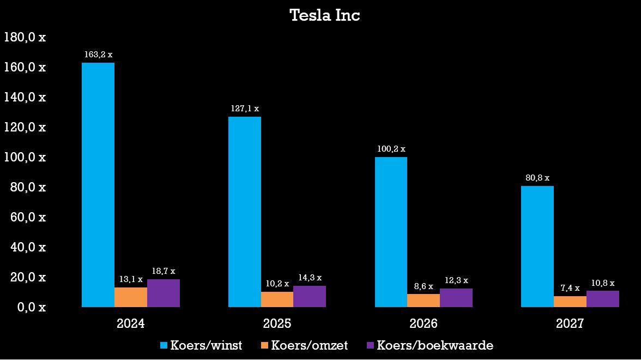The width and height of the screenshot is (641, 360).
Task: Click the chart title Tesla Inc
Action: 325,15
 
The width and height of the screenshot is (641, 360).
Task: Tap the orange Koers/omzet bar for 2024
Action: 131,297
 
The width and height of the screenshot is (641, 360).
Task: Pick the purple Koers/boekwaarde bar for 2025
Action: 310,296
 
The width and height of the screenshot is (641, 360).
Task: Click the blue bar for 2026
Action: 391,232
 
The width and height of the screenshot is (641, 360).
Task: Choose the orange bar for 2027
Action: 570,302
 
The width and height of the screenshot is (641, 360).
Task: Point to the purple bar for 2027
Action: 603,299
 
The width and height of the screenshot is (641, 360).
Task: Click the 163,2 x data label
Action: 98,55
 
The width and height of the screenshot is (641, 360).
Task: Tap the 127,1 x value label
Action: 245,109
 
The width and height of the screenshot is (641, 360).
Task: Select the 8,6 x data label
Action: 424,286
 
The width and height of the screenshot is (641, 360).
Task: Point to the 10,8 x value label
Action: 603,283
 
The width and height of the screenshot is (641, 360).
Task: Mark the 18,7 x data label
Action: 164,271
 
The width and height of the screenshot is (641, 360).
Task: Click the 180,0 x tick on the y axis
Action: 25,37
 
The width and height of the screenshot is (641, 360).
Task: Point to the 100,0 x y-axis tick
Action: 25,157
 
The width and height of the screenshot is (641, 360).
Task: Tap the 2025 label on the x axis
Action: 277,323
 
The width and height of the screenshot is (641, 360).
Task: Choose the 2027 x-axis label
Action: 570,323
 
